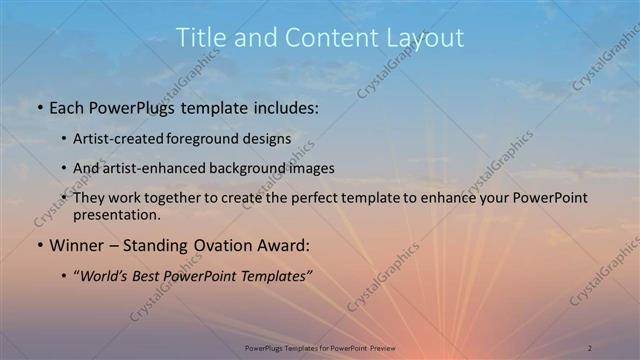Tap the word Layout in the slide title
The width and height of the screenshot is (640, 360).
pyautogui.click(x=428, y=38)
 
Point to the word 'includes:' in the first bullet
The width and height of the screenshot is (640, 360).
pyautogui.click(x=286, y=108)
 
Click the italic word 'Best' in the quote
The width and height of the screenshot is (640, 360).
pyautogui.click(x=153, y=275)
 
